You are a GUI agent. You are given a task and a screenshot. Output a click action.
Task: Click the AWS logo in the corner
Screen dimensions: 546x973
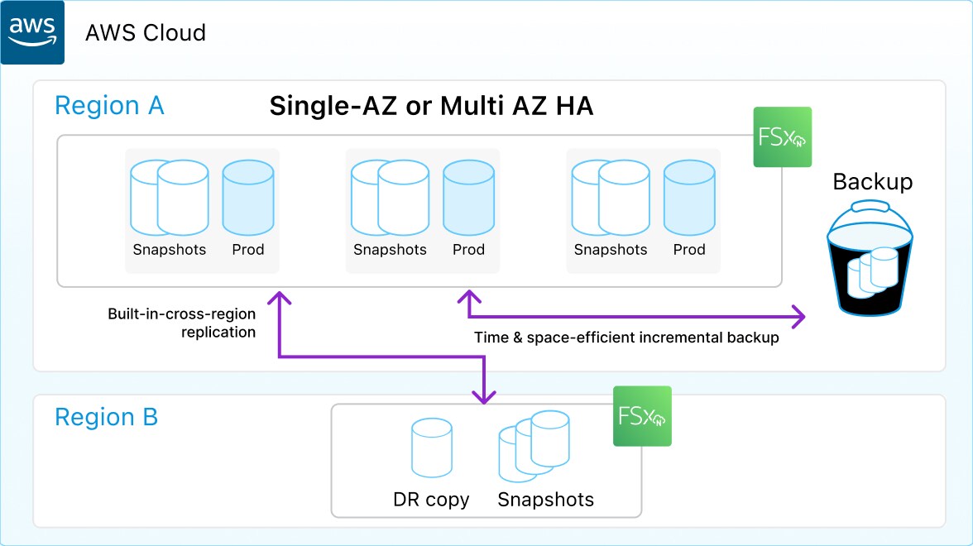[32, 32]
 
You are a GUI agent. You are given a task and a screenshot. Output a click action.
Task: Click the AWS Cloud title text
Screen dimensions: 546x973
[146, 33]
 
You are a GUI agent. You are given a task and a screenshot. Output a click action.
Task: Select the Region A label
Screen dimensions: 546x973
[109, 106]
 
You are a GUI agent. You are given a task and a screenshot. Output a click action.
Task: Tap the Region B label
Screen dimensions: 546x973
[106, 417]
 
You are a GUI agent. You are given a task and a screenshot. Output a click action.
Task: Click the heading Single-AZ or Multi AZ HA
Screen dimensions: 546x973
[431, 106]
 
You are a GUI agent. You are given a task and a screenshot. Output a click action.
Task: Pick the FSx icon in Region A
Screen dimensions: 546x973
[782, 137]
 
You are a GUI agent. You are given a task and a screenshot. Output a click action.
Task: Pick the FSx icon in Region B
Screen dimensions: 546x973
[642, 416]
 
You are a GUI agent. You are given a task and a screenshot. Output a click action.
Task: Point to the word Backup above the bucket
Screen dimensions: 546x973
[872, 182]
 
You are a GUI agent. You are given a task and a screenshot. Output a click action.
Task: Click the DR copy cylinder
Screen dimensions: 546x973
[432, 448]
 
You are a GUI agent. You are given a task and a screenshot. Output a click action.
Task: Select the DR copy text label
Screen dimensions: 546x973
[431, 500]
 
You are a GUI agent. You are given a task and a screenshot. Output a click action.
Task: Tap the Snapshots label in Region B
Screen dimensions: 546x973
[545, 500]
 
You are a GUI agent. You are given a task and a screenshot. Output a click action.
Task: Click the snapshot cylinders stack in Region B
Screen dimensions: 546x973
[534, 446]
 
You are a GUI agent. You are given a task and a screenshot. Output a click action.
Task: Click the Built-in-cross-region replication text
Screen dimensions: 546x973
[182, 323]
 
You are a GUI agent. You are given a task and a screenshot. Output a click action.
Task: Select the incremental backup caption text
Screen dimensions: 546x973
[626, 338]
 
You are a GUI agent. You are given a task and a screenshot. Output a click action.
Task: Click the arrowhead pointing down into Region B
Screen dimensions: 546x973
[484, 397]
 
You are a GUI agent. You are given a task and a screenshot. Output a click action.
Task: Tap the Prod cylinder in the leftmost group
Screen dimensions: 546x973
[247, 198]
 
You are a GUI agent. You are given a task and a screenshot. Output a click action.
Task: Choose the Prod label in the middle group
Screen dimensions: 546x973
[468, 250]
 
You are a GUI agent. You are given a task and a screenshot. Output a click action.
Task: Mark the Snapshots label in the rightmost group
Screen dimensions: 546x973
[611, 250]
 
